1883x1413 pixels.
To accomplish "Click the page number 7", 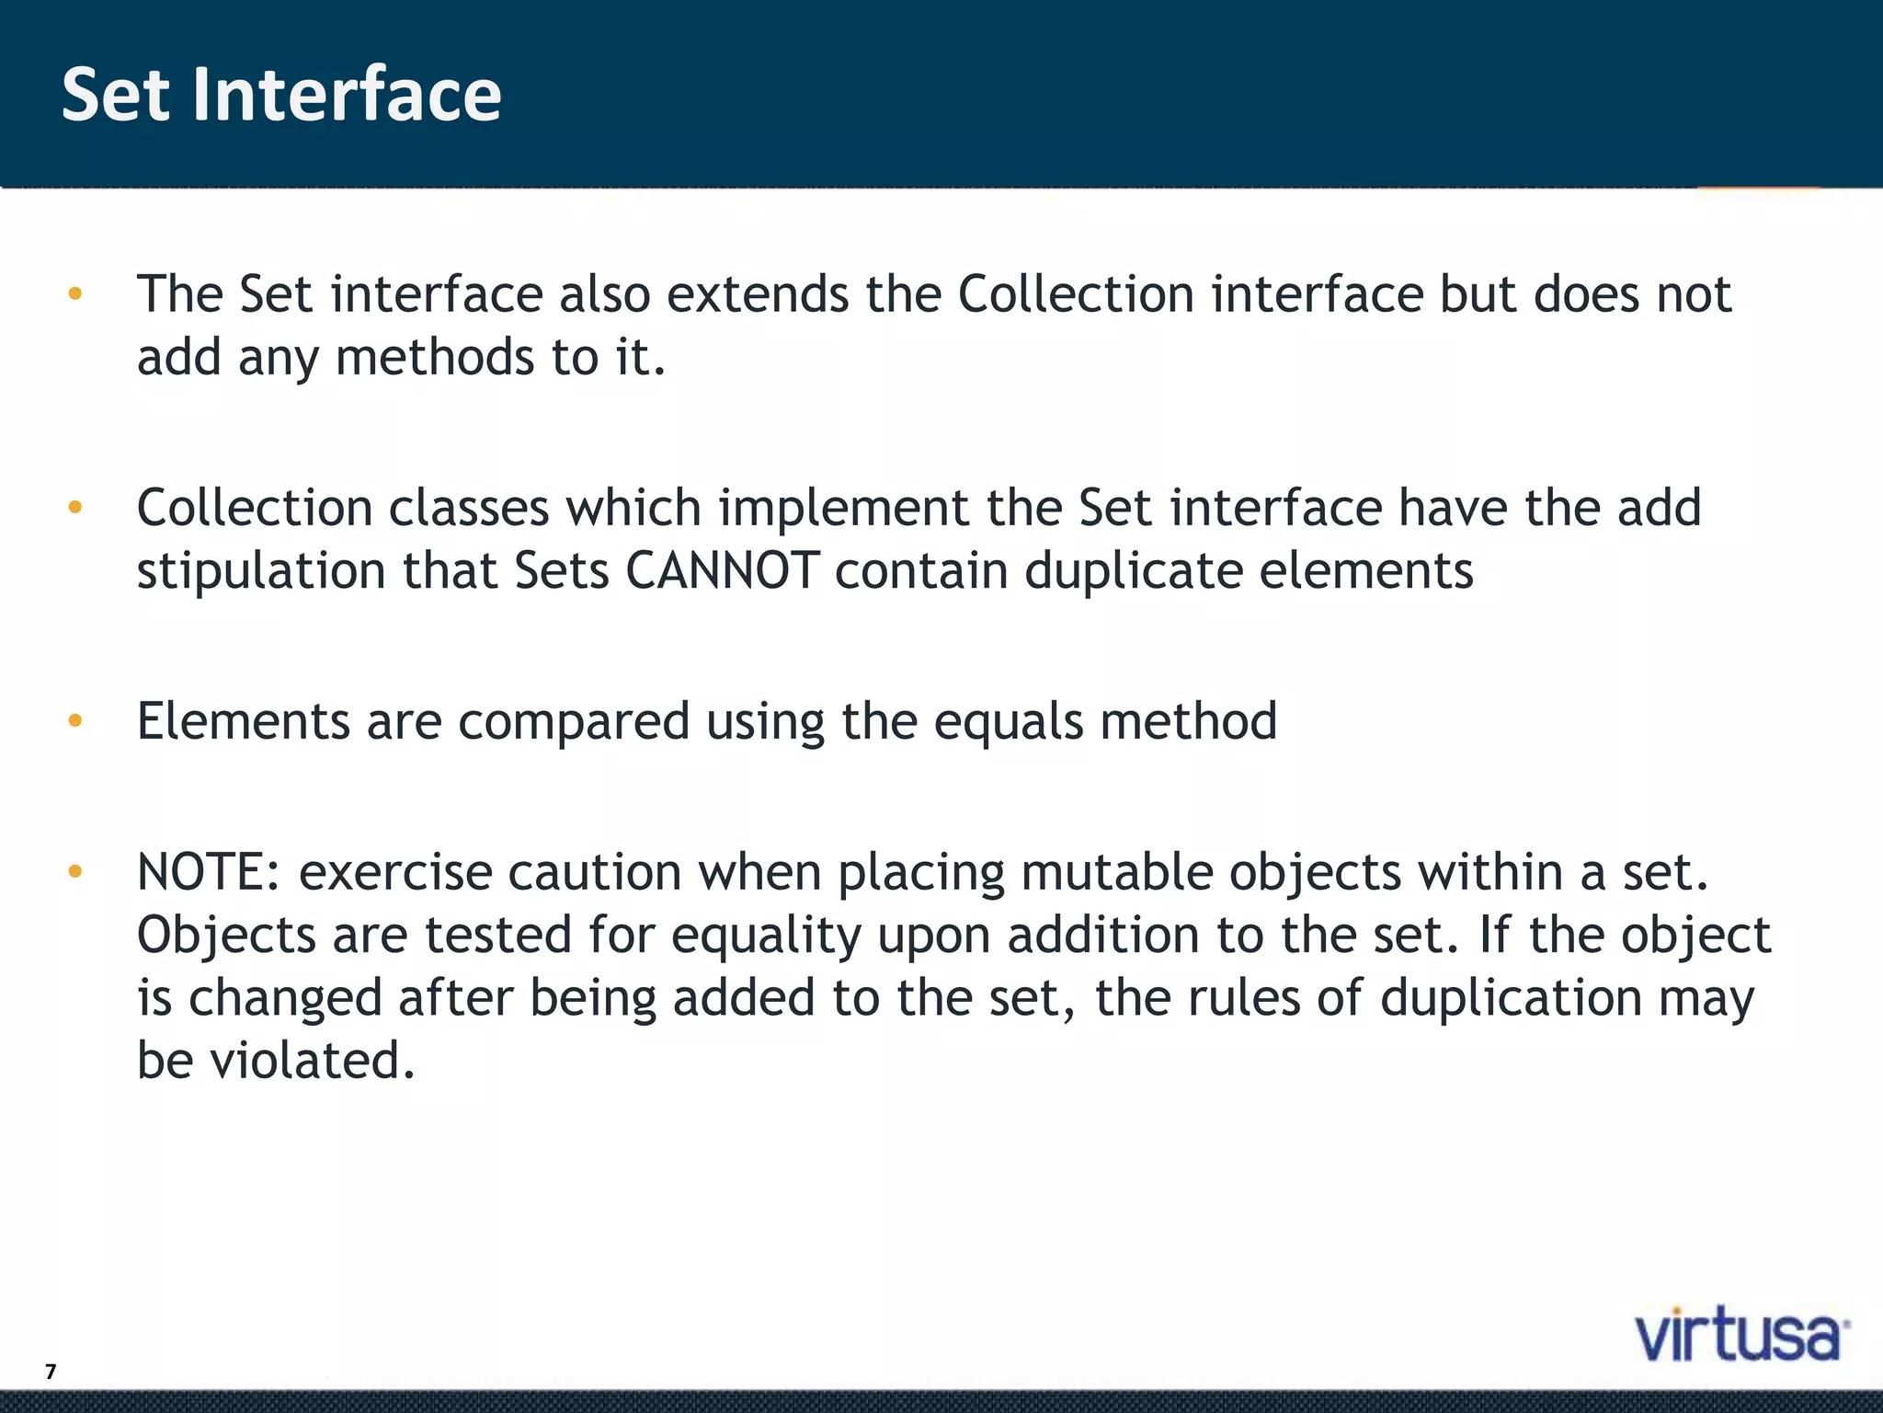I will pos(51,1372).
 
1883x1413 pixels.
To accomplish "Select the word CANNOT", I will pos(722,570).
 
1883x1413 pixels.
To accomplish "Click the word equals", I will pos(1009,721).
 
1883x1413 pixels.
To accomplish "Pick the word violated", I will pos(313,1060).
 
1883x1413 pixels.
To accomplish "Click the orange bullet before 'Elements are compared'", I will pos(75,720).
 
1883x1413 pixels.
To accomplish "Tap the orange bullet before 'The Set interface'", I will pos(75,294).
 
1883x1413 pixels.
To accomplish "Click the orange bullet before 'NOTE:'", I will pos(75,870).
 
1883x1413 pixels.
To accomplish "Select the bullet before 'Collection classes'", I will pos(75,507).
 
